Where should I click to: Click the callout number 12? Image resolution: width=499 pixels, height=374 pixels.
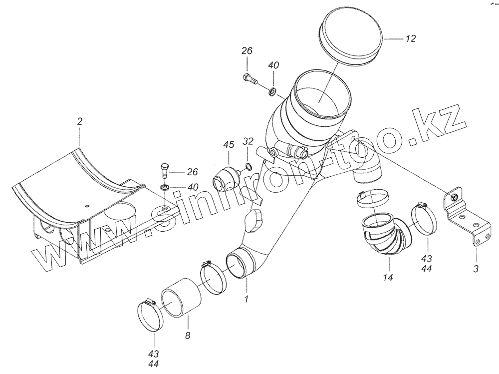pyautogui.click(x=411, y=38)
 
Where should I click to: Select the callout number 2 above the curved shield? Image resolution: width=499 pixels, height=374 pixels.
pyautogui.click(x=79, y=121)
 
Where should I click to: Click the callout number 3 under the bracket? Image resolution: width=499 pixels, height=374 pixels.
pyautogui.click(x=476, y=269)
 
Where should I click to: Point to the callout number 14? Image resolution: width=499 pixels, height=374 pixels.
pyautogui.click(x=388, y=278)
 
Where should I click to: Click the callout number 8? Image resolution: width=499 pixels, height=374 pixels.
pyautogui.click(x=188, y=335)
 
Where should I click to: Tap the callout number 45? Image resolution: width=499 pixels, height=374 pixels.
pyautogui.click(x=229, y=144)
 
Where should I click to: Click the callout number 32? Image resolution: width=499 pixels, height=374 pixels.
pyautogui.click(x=249, y=141)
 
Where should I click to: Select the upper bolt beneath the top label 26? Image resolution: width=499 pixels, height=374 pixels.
pyautogui.click(x=250, y=78)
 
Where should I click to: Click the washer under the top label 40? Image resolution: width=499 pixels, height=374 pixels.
pyautogui.click(x=273, y=92)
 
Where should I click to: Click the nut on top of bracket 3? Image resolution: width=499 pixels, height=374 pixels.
pyautogui.click(x=454, y=198)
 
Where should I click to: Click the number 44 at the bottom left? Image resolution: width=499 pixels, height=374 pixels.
pyautogui.click(x=153, y=364)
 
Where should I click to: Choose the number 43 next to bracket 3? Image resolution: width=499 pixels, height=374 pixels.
pyautogui.click(x=427, y=258)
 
